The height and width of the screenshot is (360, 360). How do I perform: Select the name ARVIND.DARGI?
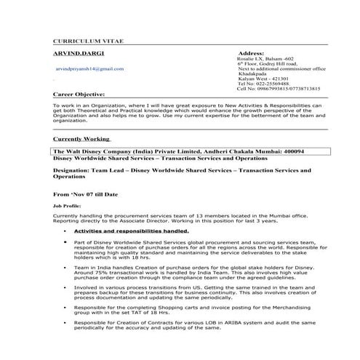75,55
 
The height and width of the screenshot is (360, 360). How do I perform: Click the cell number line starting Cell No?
279,89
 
